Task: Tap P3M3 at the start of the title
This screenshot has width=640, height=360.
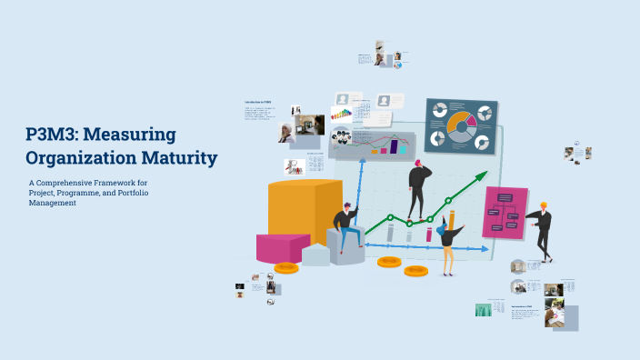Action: point(51,135)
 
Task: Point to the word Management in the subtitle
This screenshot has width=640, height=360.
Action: point(52,204)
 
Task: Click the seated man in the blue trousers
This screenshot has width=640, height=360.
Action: point(346,227)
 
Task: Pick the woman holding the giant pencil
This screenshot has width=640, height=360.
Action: point(448,242)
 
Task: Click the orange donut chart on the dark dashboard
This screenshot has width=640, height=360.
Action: point(460,125)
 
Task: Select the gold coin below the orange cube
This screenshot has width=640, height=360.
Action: point(286,267)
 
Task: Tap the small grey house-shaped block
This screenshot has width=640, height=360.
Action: point(316,255)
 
